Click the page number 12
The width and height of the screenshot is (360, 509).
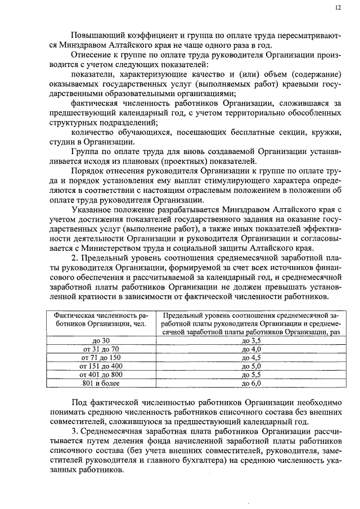tap(337, 8)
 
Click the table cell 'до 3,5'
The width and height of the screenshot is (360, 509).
tap(251, 341)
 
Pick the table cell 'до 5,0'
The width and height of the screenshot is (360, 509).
tap(251, 366)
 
